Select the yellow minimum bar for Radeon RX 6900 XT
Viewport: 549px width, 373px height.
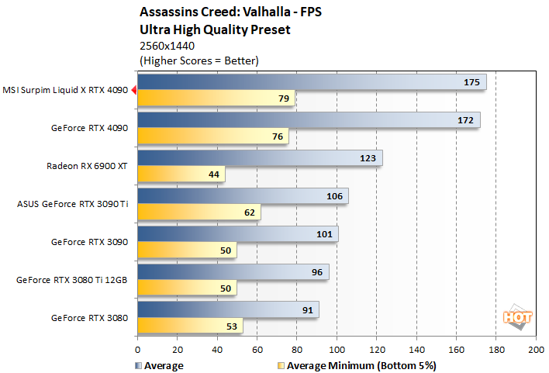tap(181, 174)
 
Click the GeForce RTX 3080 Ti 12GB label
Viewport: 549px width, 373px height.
tap(71, 280)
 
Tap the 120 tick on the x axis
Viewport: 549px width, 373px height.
tap(376, 350)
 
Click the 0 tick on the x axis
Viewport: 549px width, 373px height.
tap(138, 350)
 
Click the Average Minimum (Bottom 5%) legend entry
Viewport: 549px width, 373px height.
tap(357, 365)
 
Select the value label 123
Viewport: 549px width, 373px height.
tap(368, 158)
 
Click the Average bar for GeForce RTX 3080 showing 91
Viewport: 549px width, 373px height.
tap(228, 309)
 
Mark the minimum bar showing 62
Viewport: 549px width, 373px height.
tap(199, 212)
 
